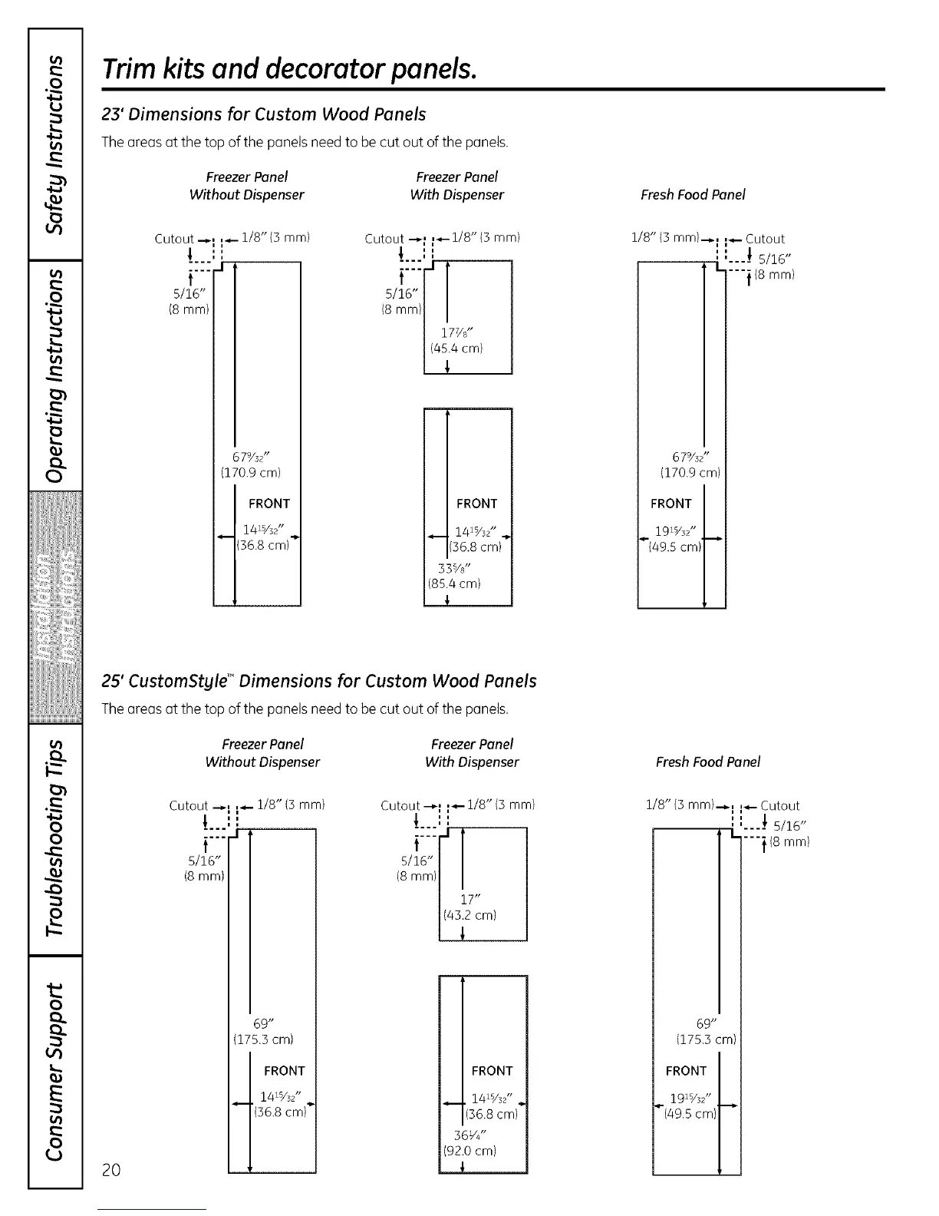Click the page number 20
[111, 1169]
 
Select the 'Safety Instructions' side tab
[54, 144]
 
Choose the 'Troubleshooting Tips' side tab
[54, 839]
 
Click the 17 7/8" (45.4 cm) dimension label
[458, 340]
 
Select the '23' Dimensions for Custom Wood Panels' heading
[264, 114]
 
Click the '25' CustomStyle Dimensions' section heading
[319, 681]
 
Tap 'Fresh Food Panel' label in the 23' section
[693, 195]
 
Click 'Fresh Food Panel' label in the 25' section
[707, 762]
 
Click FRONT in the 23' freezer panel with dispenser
[476, 504]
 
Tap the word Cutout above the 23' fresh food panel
[765, 239]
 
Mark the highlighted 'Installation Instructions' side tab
[54, 606]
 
